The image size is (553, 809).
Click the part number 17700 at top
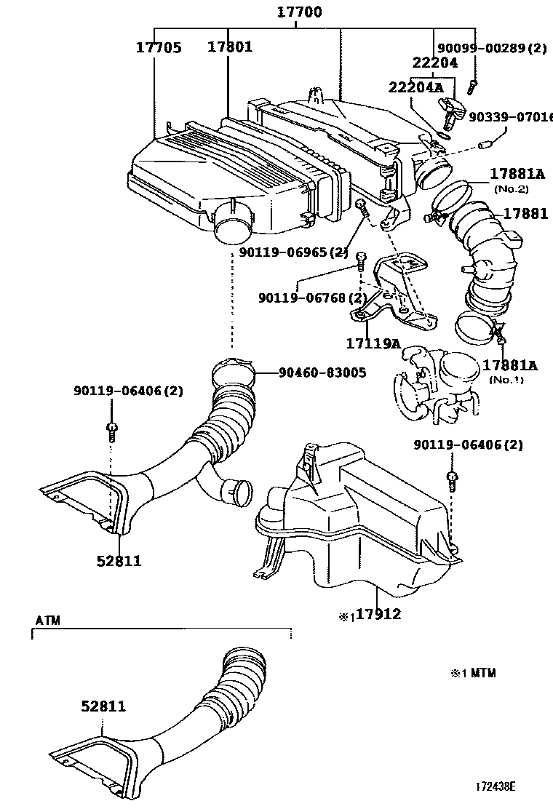pyautogui.click(x=298, y=12)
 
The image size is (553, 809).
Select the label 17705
pyautogui.click(x=159, y=47)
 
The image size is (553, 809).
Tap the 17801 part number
pyautogui.click(x=230, y=47)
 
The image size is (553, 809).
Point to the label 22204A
pyautogui.click(x=415, y=87)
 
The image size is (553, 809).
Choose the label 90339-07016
pyautogui.click(x=510, y=116)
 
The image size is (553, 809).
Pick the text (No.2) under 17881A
pyautogui.click(x=512, y=188)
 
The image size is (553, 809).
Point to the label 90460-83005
pyautogui.click(x=321, y=372)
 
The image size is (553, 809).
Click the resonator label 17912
pyautogui.click(x=378, y=614)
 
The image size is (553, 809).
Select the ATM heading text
pyautogui.click(x=48, y=620)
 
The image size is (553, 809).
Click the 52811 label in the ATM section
pyautogui.click(x=103, y=706)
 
